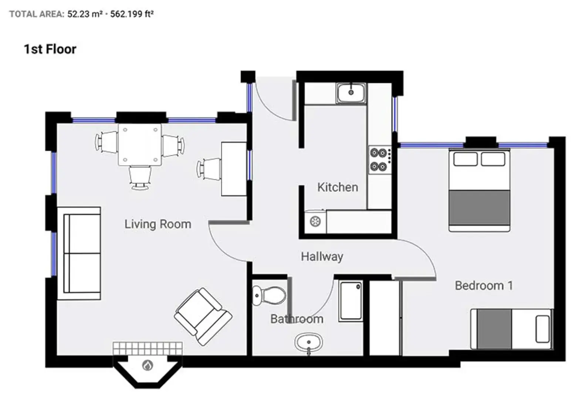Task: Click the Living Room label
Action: click(x=158, y=224)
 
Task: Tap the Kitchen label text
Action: click(x=337, y=187)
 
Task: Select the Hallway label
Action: click(x=322, y=256)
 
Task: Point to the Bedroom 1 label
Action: click(x=483, y=286)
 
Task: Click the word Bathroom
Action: click(x=297, y=319)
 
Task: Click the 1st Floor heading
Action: click(x=50, y=49)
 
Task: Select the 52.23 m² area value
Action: click(x=85, y=14)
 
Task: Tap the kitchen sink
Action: click(x=351, y=93)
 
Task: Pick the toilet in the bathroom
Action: click(x=269, y=295)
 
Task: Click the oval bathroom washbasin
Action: click(x=309, y=342)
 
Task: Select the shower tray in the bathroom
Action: click(x=350, y=301)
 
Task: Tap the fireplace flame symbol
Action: click(x=148, y=366)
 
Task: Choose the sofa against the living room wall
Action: click(x=79, y=253)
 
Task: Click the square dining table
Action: click(x=140, y=144)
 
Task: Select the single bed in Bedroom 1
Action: click(x=511, y=329)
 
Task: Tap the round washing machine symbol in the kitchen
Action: click(x=315, y=222)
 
